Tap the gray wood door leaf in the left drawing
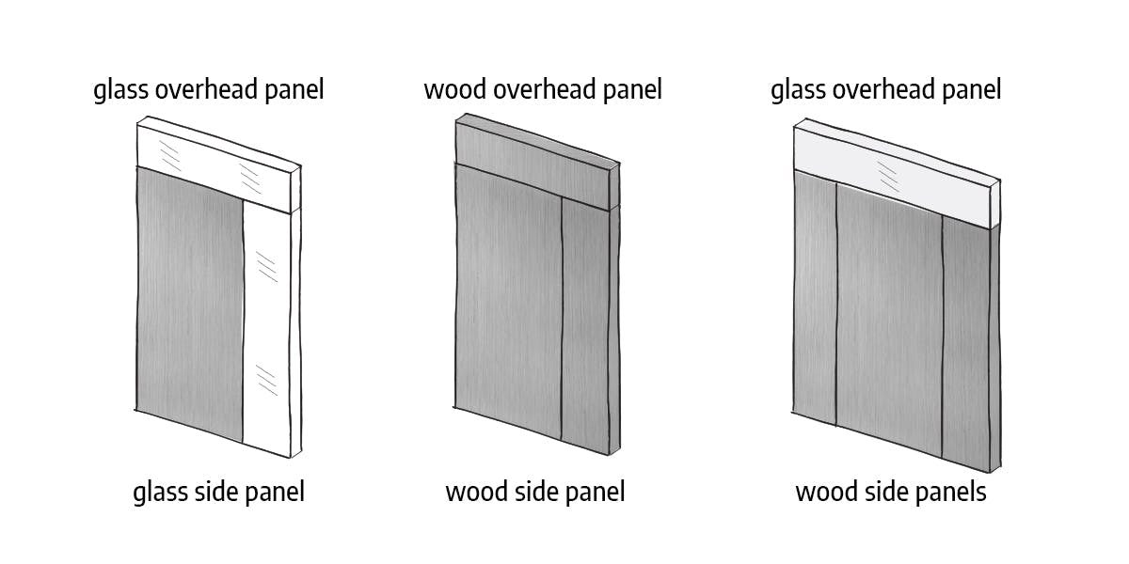(190, 302)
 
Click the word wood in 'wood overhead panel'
(455, 89)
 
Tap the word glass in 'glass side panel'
(160, 493)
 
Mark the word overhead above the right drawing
(884, 89)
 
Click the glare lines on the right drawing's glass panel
(888, 177)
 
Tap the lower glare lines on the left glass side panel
(266, 380)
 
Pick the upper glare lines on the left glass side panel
(266, 267)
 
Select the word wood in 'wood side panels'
(827, 492)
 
